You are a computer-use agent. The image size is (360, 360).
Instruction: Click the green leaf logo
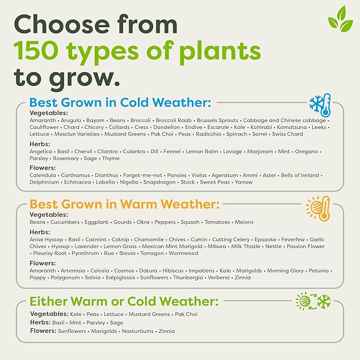(x=340, y=19)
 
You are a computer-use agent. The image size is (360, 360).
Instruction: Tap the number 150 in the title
(x=36, y=51)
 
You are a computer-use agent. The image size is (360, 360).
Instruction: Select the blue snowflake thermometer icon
(x=320, y=105)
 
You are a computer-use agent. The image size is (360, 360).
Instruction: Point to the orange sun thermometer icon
(x=318, y=208)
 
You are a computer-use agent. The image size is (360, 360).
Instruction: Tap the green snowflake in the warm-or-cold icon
(x=324, y=301)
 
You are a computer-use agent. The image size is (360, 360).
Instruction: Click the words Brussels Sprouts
(x=217, y=120)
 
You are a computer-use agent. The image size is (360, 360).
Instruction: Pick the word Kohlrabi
(x=261, y=127)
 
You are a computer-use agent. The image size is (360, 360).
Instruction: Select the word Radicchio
(x=208, y=134)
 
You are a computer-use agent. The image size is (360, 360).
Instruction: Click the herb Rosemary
(x=66, y=159)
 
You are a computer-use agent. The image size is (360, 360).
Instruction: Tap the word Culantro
(x=134, y=152)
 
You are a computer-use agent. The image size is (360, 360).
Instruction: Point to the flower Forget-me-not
(x=143, y=175)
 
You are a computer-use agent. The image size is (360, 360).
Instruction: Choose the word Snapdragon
(x=160, y=182)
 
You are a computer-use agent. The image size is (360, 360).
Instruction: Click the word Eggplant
(x=96, y=222)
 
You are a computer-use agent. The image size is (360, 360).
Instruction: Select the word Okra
(x=143, y=222)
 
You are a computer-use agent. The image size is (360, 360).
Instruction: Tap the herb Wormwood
(x=183, y=253)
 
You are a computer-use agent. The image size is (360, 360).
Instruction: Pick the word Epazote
(x=266, y=240)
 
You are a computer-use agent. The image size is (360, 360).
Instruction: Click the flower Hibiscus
(x=173, y=271)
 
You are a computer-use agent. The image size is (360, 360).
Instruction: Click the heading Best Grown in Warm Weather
(x=125, y=204)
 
